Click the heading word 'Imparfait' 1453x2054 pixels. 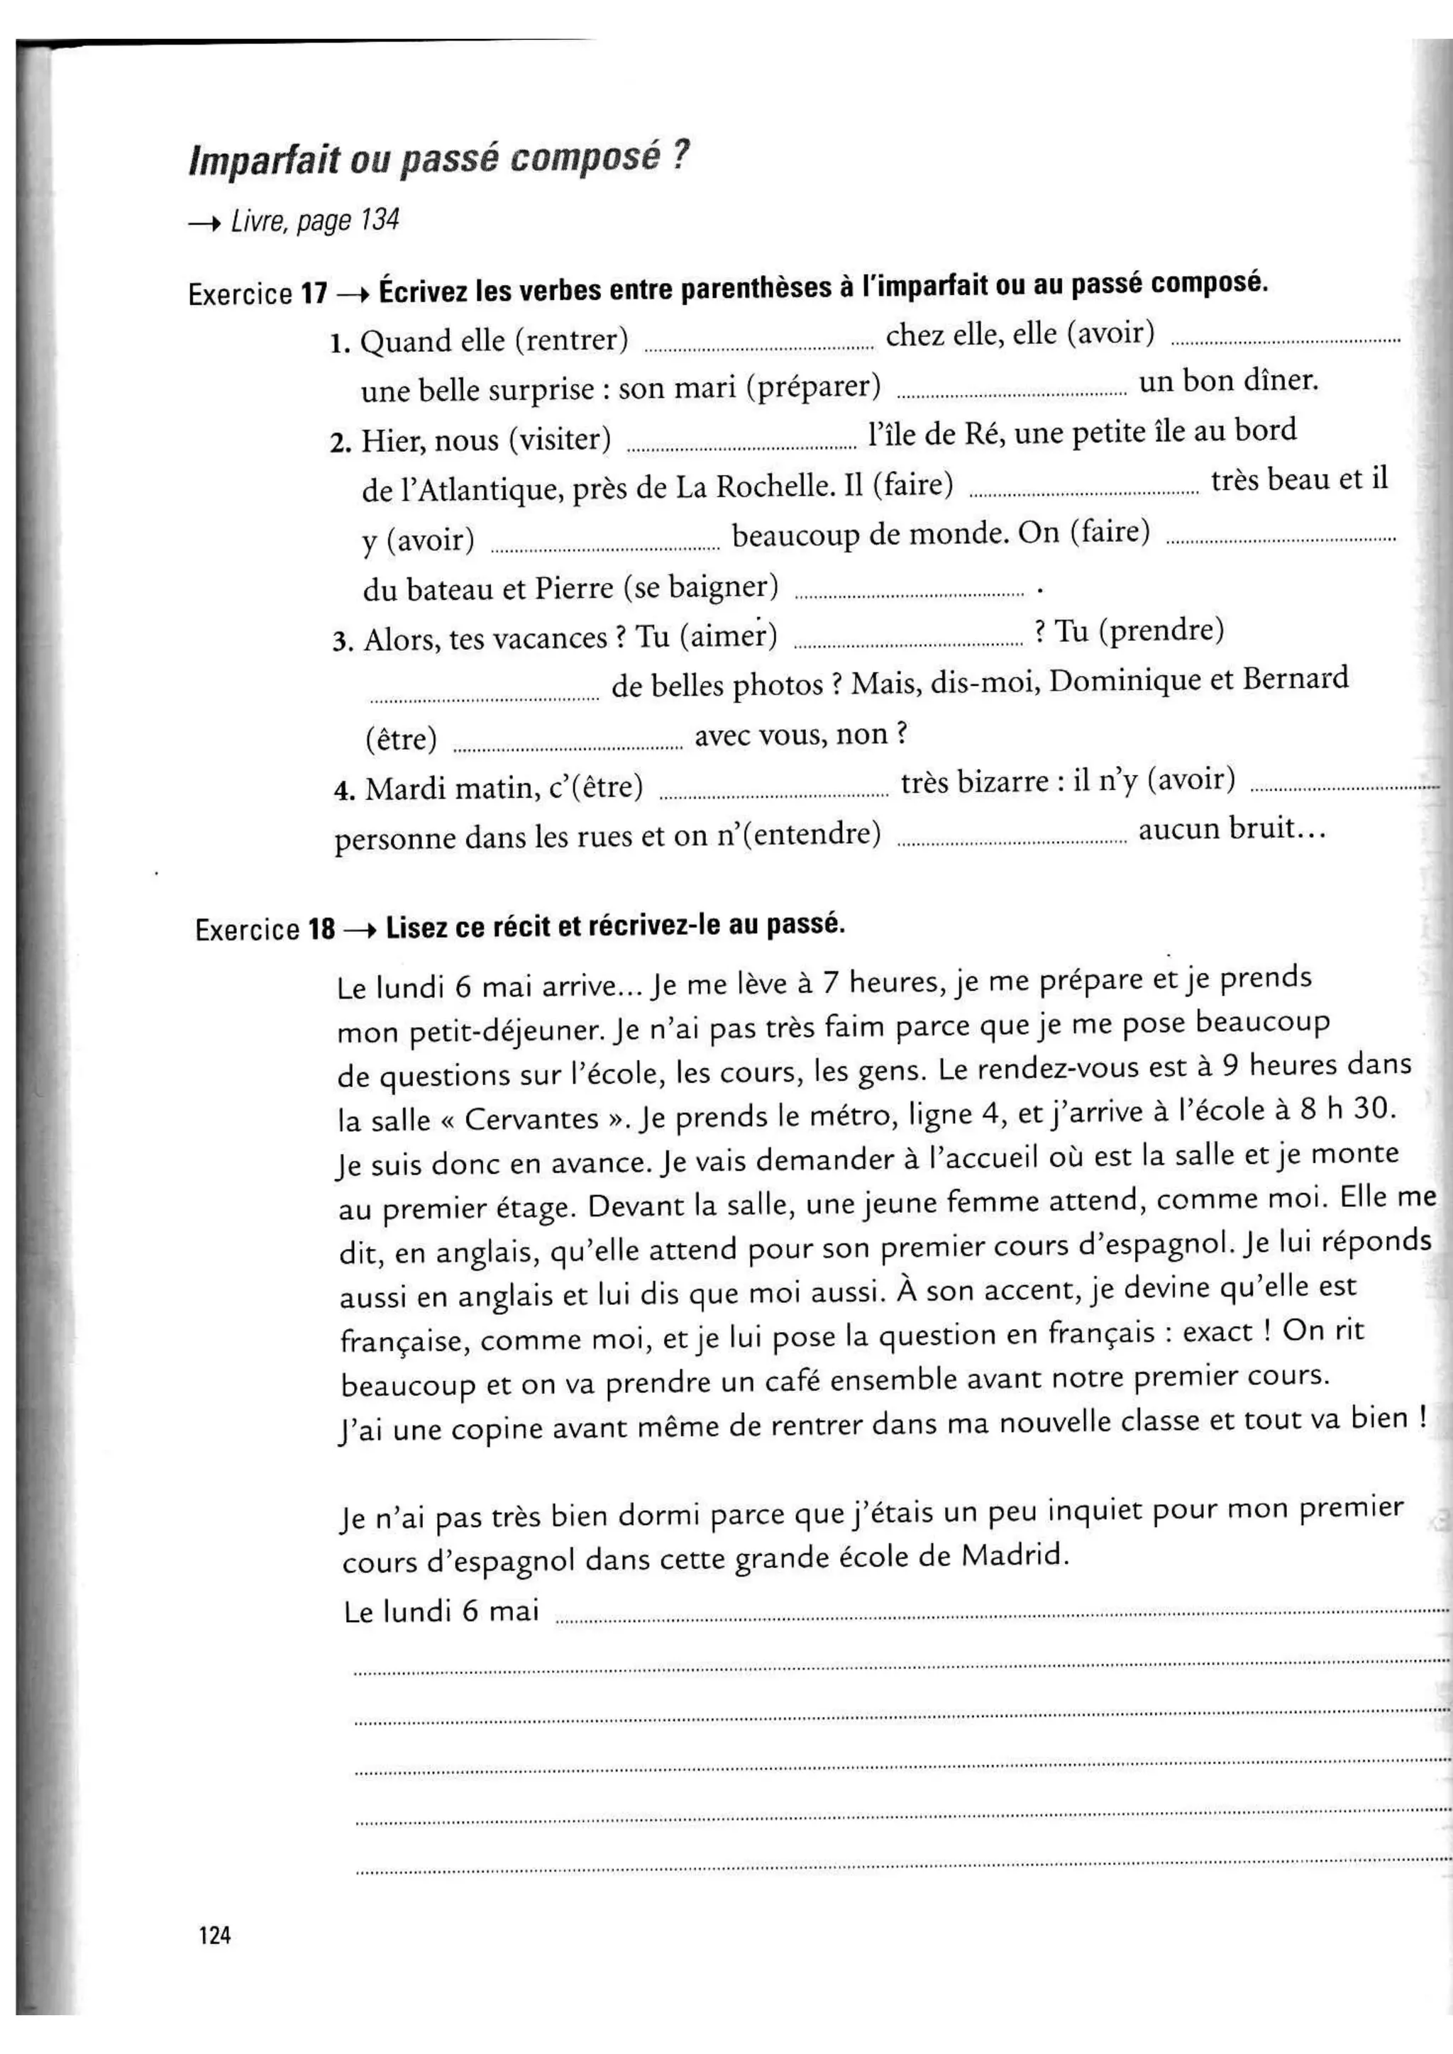tap(265, 160)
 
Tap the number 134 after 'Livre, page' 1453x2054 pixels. tap(380, 220)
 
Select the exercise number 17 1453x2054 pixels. tap(314, 294)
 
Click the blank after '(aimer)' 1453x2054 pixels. tap(908, 643)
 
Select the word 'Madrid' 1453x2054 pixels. tap(1014, 1555)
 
